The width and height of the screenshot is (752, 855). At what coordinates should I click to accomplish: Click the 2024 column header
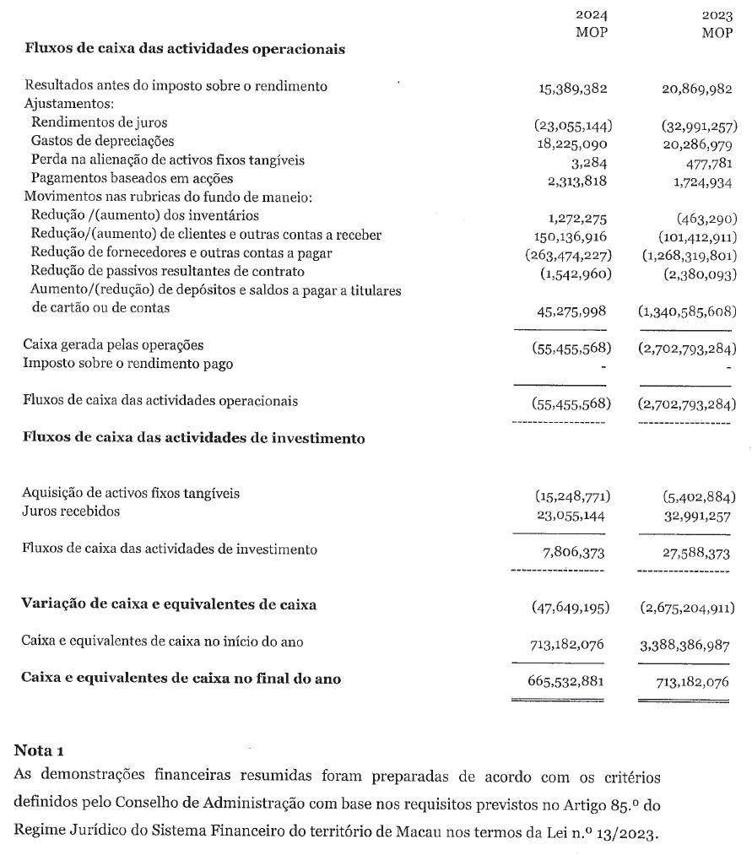pyautogui.click(x=591, y=15)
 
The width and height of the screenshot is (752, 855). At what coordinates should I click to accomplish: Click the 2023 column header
pyautogui.click(x=717, y=15)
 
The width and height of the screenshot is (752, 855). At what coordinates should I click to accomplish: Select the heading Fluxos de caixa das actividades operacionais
pyautogui.click(x=185, y=49)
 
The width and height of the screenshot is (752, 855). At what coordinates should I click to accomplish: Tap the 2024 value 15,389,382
pyautogui.click(x=573, y=88)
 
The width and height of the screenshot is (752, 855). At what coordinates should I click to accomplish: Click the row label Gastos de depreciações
pyautogui.click(x=102, y=141)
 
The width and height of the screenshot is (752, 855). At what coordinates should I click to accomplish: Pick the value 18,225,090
pyautogui.click(x=573, y=142)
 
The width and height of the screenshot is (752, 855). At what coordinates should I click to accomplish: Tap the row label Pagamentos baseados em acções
pyautogui.click(x=132, y=178)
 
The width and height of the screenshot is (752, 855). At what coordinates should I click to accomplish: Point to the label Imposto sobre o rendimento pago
pyautogui.click(x=128, y=364)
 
